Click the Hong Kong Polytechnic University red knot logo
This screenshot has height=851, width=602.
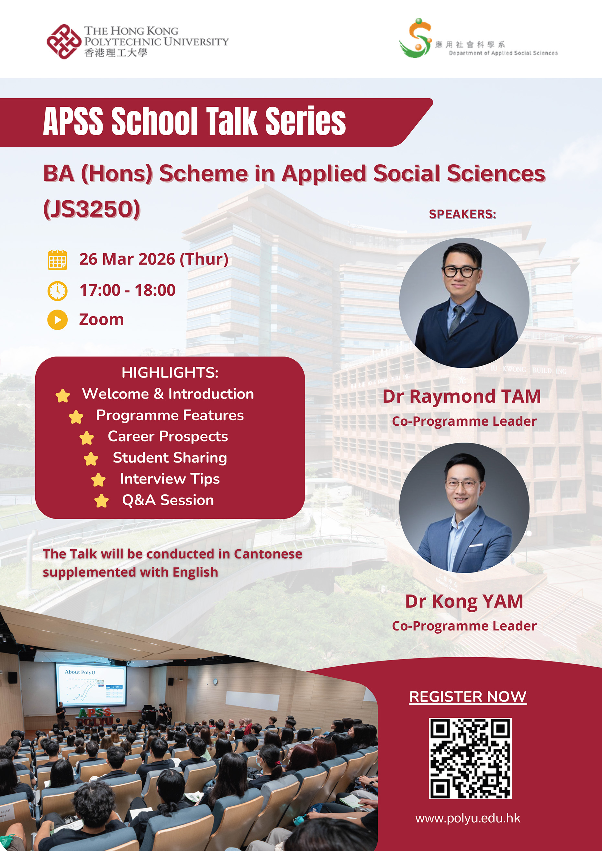point(64,41)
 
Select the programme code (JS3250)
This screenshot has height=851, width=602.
point(92,209)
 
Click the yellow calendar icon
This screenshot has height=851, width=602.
point(58,259)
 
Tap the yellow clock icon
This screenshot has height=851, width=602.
point(58,290)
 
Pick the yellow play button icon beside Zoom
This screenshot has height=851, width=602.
point(58,320)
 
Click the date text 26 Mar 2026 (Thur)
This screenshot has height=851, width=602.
point(153,259)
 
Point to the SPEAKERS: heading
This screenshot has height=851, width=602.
point(463,214)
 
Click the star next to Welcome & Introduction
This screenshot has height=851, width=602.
point(63,396)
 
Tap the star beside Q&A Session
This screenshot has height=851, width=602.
point(101,501)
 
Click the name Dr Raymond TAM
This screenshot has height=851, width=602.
point(462,396)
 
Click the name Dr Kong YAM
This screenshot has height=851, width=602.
point(464,601)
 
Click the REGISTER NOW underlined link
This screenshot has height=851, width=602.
point(468,696)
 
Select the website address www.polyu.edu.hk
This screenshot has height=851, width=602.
point(468,818)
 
